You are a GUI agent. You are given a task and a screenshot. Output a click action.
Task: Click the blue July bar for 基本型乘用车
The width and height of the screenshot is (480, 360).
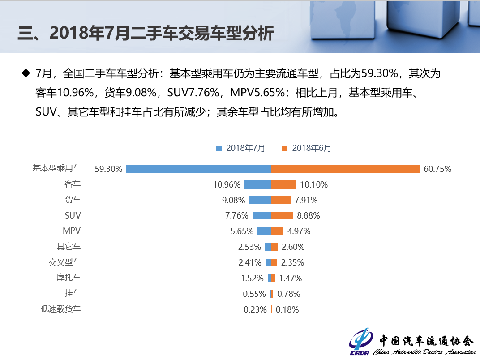pos(198,169)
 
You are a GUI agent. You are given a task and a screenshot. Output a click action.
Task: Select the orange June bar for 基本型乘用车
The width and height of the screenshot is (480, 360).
pos(345,169)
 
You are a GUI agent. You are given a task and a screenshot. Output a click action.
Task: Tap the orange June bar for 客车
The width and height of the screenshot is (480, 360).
pos(283,184)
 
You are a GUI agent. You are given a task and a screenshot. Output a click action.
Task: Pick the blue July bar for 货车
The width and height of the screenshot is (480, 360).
pos(260,200)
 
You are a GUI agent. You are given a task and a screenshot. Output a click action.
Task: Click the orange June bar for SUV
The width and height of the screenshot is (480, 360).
pos(282,215)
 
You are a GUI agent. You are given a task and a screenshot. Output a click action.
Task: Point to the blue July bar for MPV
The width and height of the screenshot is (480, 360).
pos(264,231)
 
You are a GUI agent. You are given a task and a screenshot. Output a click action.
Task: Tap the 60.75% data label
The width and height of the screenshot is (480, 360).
pos(437,169)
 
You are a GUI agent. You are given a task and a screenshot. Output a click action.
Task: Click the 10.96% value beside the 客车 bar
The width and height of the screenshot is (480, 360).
pos(227,184)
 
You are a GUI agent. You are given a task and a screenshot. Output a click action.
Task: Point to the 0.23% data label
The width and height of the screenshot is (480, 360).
pos(255,309)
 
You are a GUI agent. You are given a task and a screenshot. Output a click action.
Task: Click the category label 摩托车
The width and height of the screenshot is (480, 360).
pos(69,278)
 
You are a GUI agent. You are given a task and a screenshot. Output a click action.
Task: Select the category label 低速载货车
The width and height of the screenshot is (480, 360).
pos(60,309)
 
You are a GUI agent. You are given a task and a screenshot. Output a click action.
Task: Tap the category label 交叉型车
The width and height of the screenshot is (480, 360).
pos(64,262)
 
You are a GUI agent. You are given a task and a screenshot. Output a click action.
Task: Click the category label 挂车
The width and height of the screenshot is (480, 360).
pos(73,293)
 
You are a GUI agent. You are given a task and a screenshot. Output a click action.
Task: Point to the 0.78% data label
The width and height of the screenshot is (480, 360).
pos(289,294)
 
